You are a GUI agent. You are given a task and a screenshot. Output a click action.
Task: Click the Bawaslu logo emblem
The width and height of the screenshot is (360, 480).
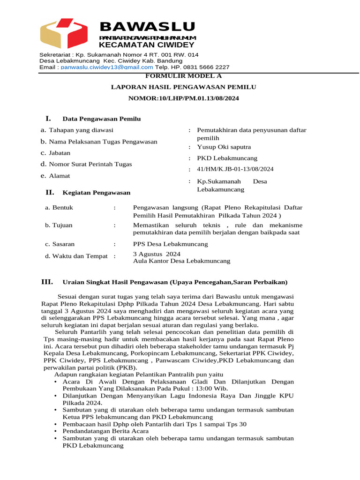[x=64, y=33]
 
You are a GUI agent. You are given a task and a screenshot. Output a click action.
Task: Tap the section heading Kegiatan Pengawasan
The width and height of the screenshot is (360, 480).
[x=97, y=192]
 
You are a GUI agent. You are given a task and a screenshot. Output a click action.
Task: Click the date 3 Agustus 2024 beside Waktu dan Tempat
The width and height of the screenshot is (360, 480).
[x=157, y=254]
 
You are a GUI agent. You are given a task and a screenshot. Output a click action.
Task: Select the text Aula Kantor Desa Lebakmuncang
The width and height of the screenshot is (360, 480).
[x=181, y=261]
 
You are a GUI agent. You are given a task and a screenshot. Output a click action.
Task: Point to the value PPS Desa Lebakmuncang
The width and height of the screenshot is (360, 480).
[x=171, y=244]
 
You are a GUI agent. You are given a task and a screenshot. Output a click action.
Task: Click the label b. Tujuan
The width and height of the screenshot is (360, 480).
[x=59, y=225]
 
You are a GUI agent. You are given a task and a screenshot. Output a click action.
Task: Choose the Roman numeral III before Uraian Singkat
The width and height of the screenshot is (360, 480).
[x=47, y=282]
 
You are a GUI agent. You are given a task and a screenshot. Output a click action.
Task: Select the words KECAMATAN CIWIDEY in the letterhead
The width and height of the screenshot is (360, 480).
[x=146, y=45]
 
